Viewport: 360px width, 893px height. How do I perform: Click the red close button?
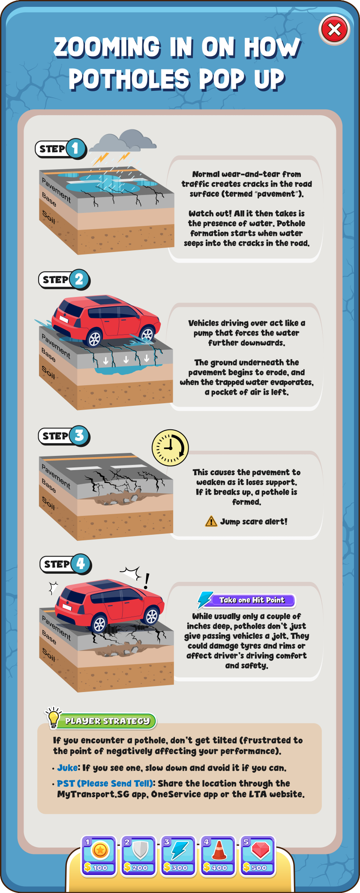pyautogui.click(x=335, y=30)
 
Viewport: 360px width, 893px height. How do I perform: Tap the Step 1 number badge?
pyautogui.click(x=75, y=149)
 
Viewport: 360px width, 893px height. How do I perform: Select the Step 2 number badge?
pyautogui.click(x=79, y=279)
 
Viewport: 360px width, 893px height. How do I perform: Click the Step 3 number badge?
pyautogui.click(x=79, y=436)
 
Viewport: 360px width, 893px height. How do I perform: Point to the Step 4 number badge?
pyautogui.click(x=81, y=564)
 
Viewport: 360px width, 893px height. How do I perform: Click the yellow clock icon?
pyautogui.click(x=170, y=448)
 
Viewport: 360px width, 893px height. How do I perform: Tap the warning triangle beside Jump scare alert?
pyautogui.click(x=211, y=521)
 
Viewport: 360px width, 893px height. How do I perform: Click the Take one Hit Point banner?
pyautogui.click(x=252, y=600)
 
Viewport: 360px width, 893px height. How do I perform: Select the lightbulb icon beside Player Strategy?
pyautogui.click(x=54, y=717)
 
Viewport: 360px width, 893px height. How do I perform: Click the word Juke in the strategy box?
pyautogui.click(x=68, y=768)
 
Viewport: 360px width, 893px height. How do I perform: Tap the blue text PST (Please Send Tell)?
pyautogui.click(x=105, y=783)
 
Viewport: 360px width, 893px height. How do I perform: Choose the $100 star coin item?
pyautogui.click(x=99, y=855)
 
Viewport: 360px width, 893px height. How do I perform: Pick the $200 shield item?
pyautogui.click(x=139, y=855)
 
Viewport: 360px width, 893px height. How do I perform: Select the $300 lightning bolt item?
pyautogui.click(x=178, y=855)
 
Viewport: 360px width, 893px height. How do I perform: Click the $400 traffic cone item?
pyautogui.click(x=218, y=855)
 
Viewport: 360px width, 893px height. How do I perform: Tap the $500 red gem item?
pyautogui.click(x=258, y=855)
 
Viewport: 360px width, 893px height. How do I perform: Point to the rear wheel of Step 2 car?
pyautogui.click(x=94, y=339)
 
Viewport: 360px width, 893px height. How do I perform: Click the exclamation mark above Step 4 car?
pyautogui.click(x=147, y=581)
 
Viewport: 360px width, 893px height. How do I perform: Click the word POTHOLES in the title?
pyautogui.click(x=129, y=79)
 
